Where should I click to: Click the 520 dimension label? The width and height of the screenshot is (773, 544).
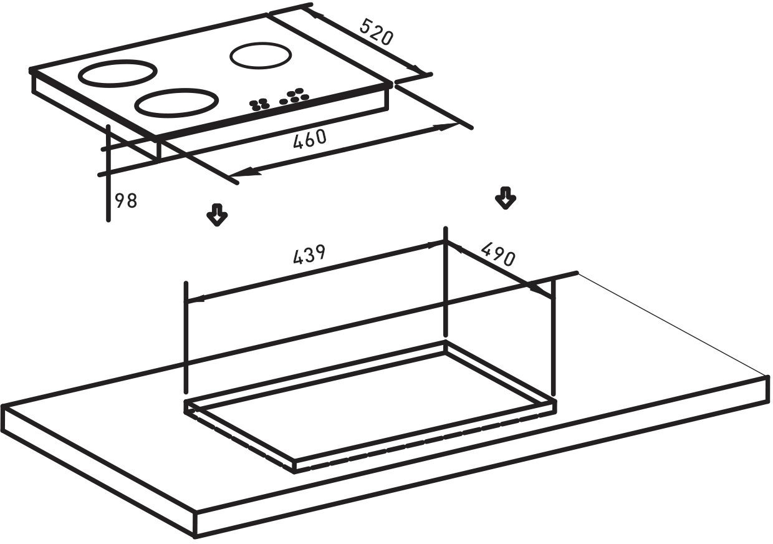pyautogui.click(x=376, y=32)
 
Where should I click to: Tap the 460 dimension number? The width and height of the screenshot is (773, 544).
pyautogui.click(x=310, y=139)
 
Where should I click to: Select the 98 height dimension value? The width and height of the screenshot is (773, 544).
pyautogui.click(x=126, y=201)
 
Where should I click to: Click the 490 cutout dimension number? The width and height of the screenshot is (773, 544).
pyautogui.click(x=498, y=254)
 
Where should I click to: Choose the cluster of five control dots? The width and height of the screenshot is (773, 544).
pyautogui.click(x=294, y=96)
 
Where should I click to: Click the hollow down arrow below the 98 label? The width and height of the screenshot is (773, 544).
pyautogui.click(x=217, y=215)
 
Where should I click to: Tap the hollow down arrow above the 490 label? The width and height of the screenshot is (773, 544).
pyautogui.click(x=506, y=198)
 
